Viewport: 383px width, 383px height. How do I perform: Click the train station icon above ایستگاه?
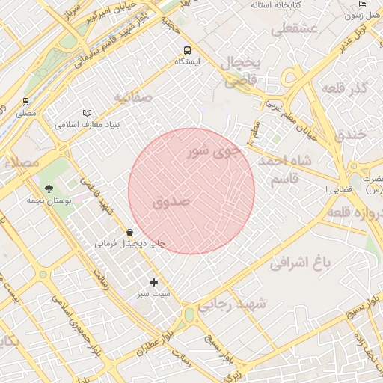[186, 49]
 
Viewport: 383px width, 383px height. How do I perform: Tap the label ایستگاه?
[186, 61]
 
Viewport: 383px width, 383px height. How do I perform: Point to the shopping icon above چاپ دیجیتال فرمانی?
[130, 233]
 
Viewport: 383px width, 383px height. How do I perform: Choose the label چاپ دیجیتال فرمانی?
[129, 244]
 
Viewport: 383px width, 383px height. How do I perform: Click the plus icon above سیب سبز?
[154, 282]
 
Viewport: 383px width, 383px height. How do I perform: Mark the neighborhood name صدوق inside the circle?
[171, 202]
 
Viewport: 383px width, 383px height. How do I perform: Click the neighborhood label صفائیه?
[133, 97]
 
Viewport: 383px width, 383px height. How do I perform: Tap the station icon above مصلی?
[26, 102]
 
